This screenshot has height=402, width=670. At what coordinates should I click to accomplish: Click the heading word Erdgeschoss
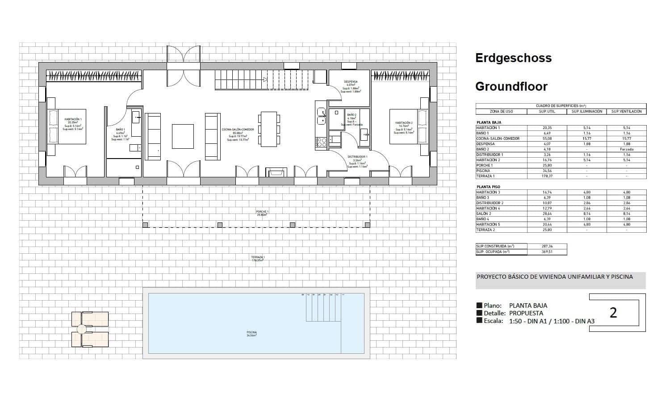click(x=513, y=58)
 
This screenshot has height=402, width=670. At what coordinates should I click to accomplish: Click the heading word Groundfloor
click(x=511, y=86)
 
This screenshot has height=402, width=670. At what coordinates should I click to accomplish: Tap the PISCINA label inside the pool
click(x=251, y=333)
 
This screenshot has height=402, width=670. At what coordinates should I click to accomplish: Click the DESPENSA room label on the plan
click(x=350, y=82)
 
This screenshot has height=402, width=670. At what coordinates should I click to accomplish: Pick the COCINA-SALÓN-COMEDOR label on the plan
click(x=238, y=130)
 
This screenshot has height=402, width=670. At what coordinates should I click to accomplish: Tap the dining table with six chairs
click(x=269, y=129)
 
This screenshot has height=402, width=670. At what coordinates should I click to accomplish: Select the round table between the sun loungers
click(x=81, y=330)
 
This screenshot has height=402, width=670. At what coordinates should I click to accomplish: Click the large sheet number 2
click(x=613, y=313)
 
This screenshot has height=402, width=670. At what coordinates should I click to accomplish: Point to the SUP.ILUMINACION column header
click(x=587, y=111)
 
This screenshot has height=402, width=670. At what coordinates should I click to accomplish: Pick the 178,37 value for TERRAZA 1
click(x=547, y=176)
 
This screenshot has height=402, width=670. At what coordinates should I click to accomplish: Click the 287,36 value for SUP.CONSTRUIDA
click(x=547, y=246)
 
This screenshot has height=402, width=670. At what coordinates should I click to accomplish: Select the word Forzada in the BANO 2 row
click(x=626, y=149)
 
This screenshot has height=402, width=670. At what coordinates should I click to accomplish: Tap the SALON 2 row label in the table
click(x=484, y=214)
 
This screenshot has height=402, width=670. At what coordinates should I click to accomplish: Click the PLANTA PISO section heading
click(x=488, y=187)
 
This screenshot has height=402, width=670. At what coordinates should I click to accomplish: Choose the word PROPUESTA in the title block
click(x=526, y=313)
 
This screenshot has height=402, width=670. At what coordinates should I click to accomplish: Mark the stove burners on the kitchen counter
click(x=321, y=142)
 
